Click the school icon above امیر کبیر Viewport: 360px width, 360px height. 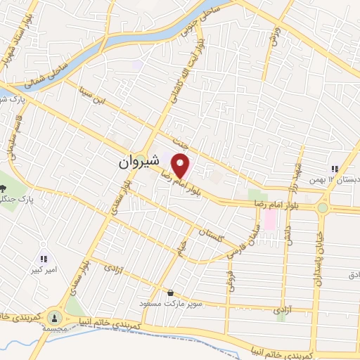(44, 258)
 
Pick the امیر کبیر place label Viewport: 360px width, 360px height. (44, 269)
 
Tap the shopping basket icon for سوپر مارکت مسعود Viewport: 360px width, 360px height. (171, 292)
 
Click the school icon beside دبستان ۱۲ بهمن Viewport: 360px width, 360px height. (335, 169)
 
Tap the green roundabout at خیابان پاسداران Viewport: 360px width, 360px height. (323, 207)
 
